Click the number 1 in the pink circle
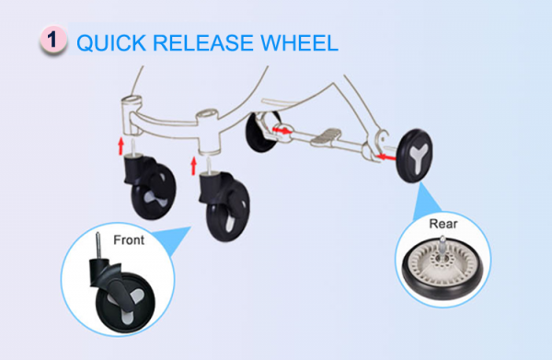[52, 40]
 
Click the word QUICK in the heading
[111, 43]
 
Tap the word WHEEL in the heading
[299, 42]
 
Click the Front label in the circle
[129, 240]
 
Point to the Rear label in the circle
[443, 224]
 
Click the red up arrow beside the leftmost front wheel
[121, 145]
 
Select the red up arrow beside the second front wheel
[193, 166]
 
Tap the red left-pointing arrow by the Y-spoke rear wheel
[385, 157]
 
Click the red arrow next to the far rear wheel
[282, 131]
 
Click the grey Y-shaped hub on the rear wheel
[420, 157]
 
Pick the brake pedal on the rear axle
[326, 136]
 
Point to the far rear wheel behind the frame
[261, 132]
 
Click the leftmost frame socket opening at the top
[132, 99]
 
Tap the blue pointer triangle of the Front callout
[173, 238]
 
